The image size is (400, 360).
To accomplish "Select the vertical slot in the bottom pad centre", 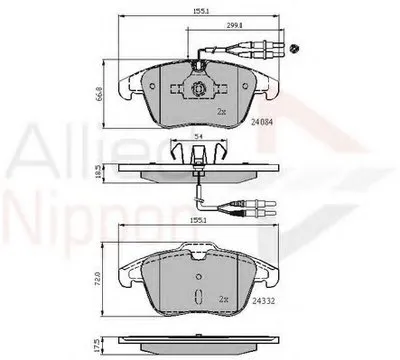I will click(198, 295).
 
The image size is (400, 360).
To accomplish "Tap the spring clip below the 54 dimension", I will click(197, 153).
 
